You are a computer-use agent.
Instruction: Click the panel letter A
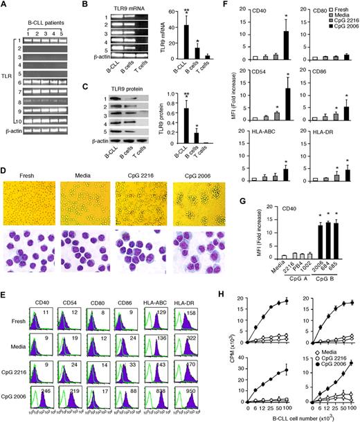[5, 6]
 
